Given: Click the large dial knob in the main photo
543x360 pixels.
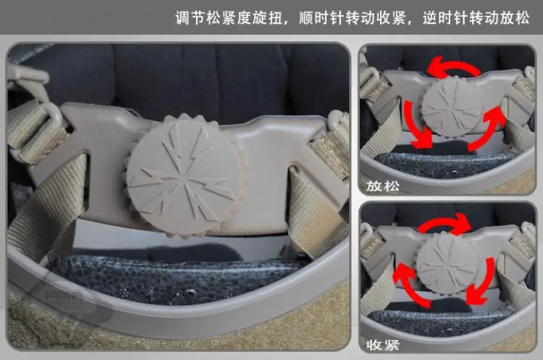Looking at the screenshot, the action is coord(184,175).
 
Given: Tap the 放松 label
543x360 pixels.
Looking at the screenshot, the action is coord(383,186).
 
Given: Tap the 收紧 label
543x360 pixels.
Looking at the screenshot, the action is coord(383,345).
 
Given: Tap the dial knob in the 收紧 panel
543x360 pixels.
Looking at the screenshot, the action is coord(447,264).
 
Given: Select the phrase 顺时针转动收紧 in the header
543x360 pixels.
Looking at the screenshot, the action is coord(352,17).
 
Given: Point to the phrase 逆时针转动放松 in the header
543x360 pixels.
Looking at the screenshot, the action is coord(476,17).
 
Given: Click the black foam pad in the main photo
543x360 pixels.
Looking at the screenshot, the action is coord(173,277).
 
